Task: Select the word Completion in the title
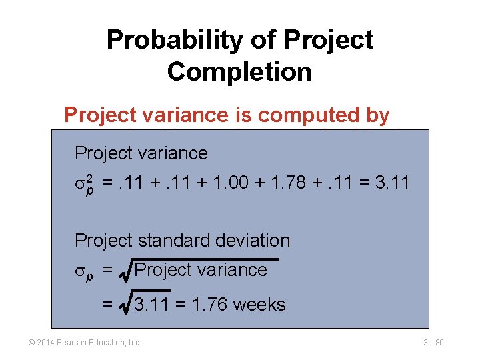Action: coord(239,71)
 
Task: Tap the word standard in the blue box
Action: coord(171,240)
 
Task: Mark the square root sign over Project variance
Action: coord(125,270)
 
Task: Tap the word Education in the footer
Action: coord(107,343)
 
